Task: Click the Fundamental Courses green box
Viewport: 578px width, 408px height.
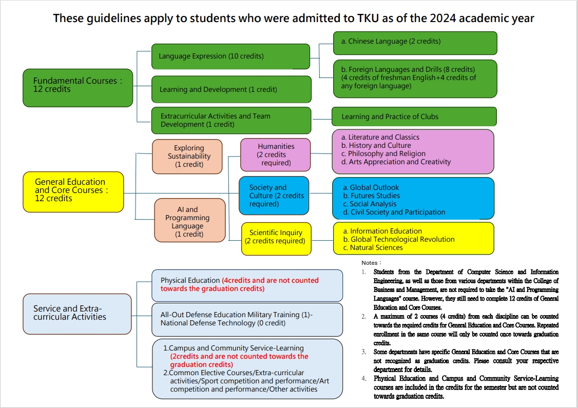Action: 78,88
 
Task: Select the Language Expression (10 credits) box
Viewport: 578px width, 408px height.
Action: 231,56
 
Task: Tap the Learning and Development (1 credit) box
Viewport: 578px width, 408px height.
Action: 232,89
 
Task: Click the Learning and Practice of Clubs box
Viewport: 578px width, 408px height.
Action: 414,116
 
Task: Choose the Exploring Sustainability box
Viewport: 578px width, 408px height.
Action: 187,156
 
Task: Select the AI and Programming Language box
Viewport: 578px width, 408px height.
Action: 190,220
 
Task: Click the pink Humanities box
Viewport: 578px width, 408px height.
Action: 275,155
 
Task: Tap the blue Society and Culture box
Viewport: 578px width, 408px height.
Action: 274,196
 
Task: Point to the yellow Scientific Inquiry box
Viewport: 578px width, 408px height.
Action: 276,239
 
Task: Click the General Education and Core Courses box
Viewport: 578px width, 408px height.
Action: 73,191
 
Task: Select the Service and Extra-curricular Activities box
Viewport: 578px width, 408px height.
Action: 77,314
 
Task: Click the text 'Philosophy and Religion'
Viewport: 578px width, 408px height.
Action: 387,153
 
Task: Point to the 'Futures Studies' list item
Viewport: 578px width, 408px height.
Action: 375,196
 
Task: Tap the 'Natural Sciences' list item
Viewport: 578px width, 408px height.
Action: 376,248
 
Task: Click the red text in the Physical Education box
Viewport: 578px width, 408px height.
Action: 240,284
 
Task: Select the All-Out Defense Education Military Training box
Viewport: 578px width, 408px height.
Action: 247,320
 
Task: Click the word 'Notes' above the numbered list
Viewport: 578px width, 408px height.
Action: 370,263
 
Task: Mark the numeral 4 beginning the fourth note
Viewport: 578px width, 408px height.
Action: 364,379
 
